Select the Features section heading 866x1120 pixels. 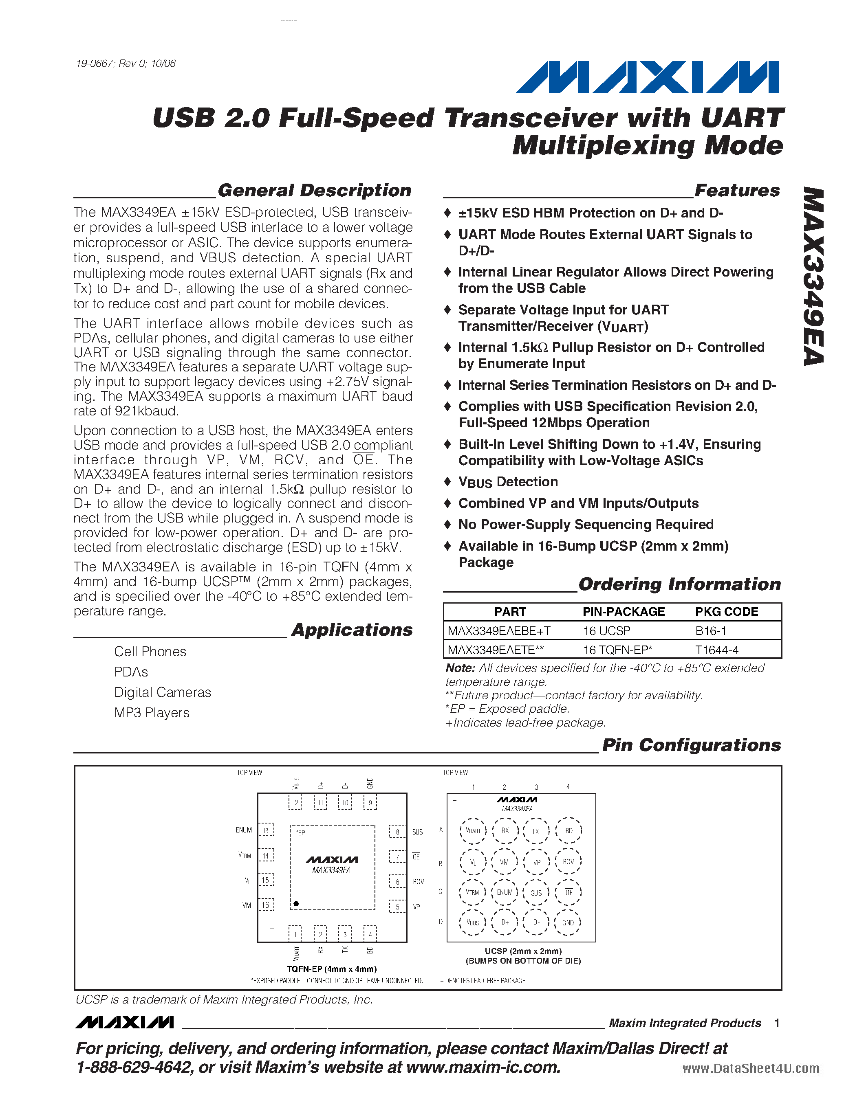pos(737,190)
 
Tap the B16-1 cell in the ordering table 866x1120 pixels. pos(711,631)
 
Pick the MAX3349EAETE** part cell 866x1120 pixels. pos(496,650)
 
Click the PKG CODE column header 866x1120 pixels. pos(727,612)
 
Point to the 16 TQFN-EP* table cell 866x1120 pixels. pos(617,650)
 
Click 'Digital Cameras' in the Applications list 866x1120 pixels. pos(163,692)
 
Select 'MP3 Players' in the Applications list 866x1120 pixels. pos(152,713)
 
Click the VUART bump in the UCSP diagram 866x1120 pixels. pos(473,831)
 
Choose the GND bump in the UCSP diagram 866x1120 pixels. pos(568,922)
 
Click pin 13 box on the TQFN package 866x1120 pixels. pos(266,831)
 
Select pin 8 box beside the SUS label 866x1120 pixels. pos(397,832)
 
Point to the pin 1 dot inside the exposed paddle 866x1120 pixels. pos(296,904)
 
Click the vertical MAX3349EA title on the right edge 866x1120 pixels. pos(813,277)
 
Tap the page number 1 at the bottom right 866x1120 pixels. pos(777,1023)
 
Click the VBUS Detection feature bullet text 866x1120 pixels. pos(508,482)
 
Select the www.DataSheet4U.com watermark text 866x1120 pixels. pos(751,1068)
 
